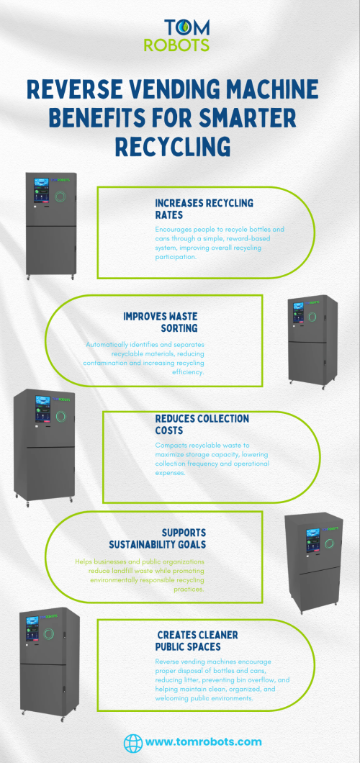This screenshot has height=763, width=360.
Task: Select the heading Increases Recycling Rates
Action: click(x=204, y=209)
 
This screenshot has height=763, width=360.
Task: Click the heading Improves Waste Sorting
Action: click(x=160, y=322)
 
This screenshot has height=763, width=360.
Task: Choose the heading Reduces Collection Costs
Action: click(x=202, y=424)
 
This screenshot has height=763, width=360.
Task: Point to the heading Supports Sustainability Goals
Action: click(x=157, y=538)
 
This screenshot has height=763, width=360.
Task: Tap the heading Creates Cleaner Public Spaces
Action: click(x=197, y=641)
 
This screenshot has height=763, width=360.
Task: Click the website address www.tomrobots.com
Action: click(x=203, y=742)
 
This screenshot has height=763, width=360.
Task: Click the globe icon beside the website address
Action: click(x=132, y=743)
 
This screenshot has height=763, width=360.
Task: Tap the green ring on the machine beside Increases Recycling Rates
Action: click(x=60, y=196)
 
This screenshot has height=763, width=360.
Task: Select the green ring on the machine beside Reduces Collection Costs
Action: click(x=60, y=417)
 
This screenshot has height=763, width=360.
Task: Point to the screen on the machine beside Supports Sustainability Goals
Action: click(x=312, y=541)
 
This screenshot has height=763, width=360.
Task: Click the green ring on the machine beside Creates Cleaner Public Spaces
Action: click(x=48, y=633)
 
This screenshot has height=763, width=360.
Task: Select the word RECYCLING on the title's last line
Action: click(x=173, y=146)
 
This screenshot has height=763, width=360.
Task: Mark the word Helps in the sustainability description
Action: click(x=84, y=561)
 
